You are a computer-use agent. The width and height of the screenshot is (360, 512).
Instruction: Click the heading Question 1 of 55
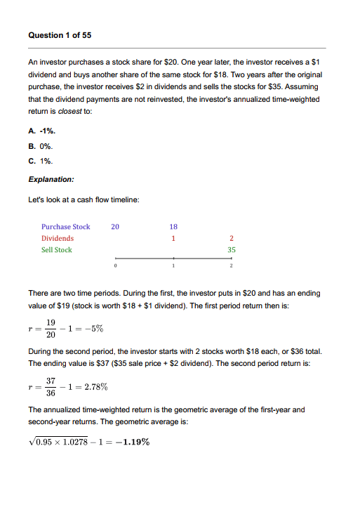[x=60, y=34]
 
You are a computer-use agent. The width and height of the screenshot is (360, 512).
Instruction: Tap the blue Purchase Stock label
[x=65, y=226]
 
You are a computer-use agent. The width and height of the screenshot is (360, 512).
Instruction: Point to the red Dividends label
[x=57, y=238]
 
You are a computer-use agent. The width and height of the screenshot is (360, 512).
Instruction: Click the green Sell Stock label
[x=56, y=250]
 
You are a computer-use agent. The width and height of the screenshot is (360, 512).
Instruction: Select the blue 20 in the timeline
[x=115, y=226]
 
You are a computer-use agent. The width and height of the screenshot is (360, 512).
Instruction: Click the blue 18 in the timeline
[x=173, y=226]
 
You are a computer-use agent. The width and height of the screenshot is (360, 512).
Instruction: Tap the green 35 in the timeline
[x=232, y=250]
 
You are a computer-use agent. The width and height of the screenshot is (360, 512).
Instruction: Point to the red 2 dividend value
[x=232, y=238]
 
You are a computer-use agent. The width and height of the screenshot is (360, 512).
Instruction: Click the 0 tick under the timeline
[x=115, y=268]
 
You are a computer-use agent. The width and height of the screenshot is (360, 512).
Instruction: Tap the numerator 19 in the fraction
[x=52, y=322]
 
